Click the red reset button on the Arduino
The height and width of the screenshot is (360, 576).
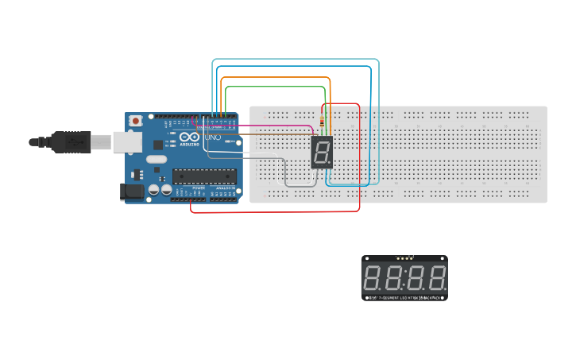pos(136,121)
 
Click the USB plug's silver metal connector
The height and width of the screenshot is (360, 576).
pos(101,142)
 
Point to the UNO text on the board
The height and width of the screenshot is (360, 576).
pos(214,137)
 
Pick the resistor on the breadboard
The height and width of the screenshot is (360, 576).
pos(321,123)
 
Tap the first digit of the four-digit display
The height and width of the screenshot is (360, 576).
pos(373,278)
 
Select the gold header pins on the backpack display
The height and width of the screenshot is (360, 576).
pos(405,258)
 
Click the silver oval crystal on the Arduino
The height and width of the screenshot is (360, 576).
pos(156,159)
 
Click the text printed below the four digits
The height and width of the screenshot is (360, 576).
pos(404,297)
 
